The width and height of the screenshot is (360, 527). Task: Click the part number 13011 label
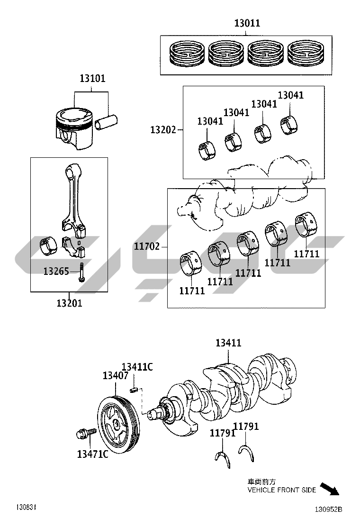(x=247, y=23)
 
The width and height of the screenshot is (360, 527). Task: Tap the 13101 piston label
(x=92, y=78)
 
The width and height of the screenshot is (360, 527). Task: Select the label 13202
(x=163, y=129)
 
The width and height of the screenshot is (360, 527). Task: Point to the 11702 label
(x=147, y=246)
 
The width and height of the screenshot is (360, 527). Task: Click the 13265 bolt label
(x=56, y=271)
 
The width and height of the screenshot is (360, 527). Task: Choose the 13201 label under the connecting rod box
(x=69, y=303)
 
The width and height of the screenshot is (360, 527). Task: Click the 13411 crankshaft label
(x=228, y=343)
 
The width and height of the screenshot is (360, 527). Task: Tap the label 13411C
(x=137, y=367)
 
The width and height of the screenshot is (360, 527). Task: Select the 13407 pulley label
(x=116, y=375)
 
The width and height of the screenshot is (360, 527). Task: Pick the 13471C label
(x=93, y=454)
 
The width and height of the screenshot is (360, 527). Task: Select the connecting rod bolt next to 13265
(x=81, y=272)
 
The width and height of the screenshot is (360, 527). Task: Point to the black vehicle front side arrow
(x=329, y=489)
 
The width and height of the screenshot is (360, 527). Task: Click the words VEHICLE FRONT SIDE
(x=282, y=490)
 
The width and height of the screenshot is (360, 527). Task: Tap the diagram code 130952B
(x=328, y=509)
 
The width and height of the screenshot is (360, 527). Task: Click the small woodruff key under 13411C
(x=134, y=390)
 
